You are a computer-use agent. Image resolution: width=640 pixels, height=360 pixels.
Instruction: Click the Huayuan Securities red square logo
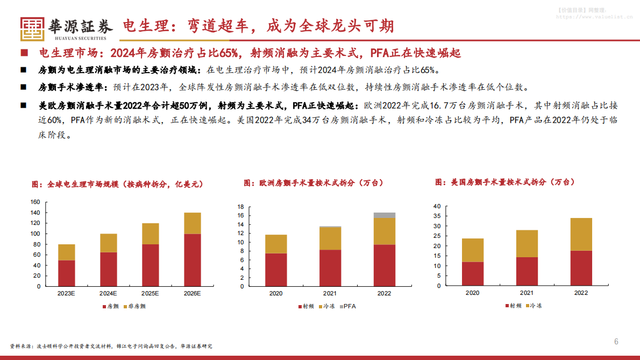click(33, 29)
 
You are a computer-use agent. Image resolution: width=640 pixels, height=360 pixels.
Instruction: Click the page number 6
click(616, 342)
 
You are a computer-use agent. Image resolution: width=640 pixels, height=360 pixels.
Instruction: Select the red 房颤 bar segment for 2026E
click(192, 260)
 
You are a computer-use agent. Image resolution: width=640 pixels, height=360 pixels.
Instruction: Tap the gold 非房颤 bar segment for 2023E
click(66, 252)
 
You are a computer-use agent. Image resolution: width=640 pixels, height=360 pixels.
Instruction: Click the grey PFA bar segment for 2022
click(384, 215)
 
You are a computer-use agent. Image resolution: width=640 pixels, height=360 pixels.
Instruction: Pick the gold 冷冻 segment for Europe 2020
click(276, 244)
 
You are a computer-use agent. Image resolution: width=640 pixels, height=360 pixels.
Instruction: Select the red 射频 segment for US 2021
click(527, 271)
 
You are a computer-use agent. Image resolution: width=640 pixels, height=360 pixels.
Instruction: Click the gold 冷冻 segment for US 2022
click(581, 234)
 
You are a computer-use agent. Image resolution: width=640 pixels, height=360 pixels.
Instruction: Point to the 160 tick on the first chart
click(35, 202)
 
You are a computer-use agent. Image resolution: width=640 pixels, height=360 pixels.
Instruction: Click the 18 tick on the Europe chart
click(241, 207)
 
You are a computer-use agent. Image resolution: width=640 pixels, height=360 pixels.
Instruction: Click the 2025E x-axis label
click(150, 294)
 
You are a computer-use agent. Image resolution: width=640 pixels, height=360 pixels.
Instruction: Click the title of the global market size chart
click(117, 184)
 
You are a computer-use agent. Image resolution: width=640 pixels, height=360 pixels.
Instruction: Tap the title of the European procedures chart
click(314, 183)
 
